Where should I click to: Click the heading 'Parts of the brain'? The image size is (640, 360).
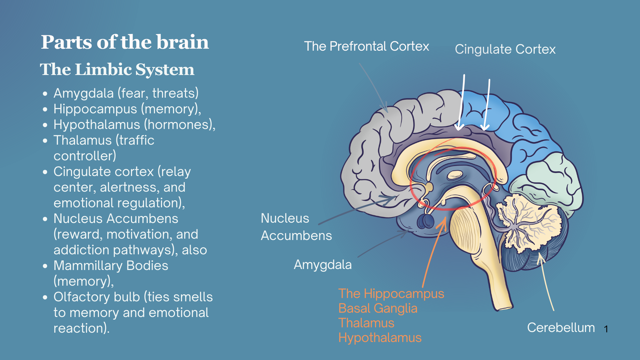(125, 42)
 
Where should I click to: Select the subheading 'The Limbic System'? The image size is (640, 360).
(117, 70)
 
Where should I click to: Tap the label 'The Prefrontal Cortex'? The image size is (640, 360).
(366, 46)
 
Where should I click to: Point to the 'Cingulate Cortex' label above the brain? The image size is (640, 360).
(505, 49)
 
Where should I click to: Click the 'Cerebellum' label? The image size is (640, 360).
(561, 328)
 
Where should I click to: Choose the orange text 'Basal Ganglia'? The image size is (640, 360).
(378, 308)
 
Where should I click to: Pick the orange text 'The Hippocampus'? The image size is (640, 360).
(391, 294)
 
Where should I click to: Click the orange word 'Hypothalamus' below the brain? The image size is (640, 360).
(380, 338)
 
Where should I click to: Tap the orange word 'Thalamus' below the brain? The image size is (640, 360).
(366, 323)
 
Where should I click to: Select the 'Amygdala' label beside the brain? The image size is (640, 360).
(322, 265)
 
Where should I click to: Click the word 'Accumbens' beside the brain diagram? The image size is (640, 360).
(296, 236)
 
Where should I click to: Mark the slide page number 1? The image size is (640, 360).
(606, 329)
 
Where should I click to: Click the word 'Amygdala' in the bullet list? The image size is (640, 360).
(84, 93)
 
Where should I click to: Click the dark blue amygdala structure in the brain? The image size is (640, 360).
(426, 221)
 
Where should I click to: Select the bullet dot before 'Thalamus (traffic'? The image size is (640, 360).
(45, 141)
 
